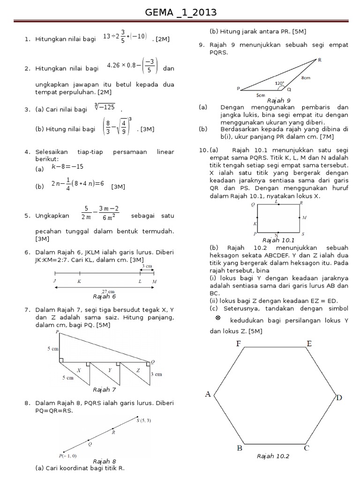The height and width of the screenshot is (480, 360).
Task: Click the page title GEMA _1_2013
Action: [180, 12]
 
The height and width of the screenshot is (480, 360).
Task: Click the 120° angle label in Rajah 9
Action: [279, 83]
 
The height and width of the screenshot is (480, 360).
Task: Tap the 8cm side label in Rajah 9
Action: [305, 78]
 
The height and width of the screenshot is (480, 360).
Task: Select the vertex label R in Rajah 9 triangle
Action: [320, 60]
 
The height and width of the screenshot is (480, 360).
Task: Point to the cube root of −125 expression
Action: [105, 107]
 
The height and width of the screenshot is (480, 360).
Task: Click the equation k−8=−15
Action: [67, 166]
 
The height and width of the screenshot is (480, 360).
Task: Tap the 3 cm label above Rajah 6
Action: [147, 266]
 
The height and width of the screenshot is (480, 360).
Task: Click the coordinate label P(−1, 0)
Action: [67, 455]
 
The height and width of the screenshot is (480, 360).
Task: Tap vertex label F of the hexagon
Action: [239, 344]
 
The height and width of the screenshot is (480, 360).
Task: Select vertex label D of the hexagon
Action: [338, 398]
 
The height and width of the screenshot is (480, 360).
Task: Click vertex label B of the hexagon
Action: [239, 448]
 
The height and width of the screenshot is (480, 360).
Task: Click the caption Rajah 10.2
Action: [273, 456]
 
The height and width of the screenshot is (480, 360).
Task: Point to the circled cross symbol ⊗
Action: [217, 318]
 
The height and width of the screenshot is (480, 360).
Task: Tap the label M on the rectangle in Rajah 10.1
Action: [304, 217]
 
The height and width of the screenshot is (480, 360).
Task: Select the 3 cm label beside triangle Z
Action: [156, 374]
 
